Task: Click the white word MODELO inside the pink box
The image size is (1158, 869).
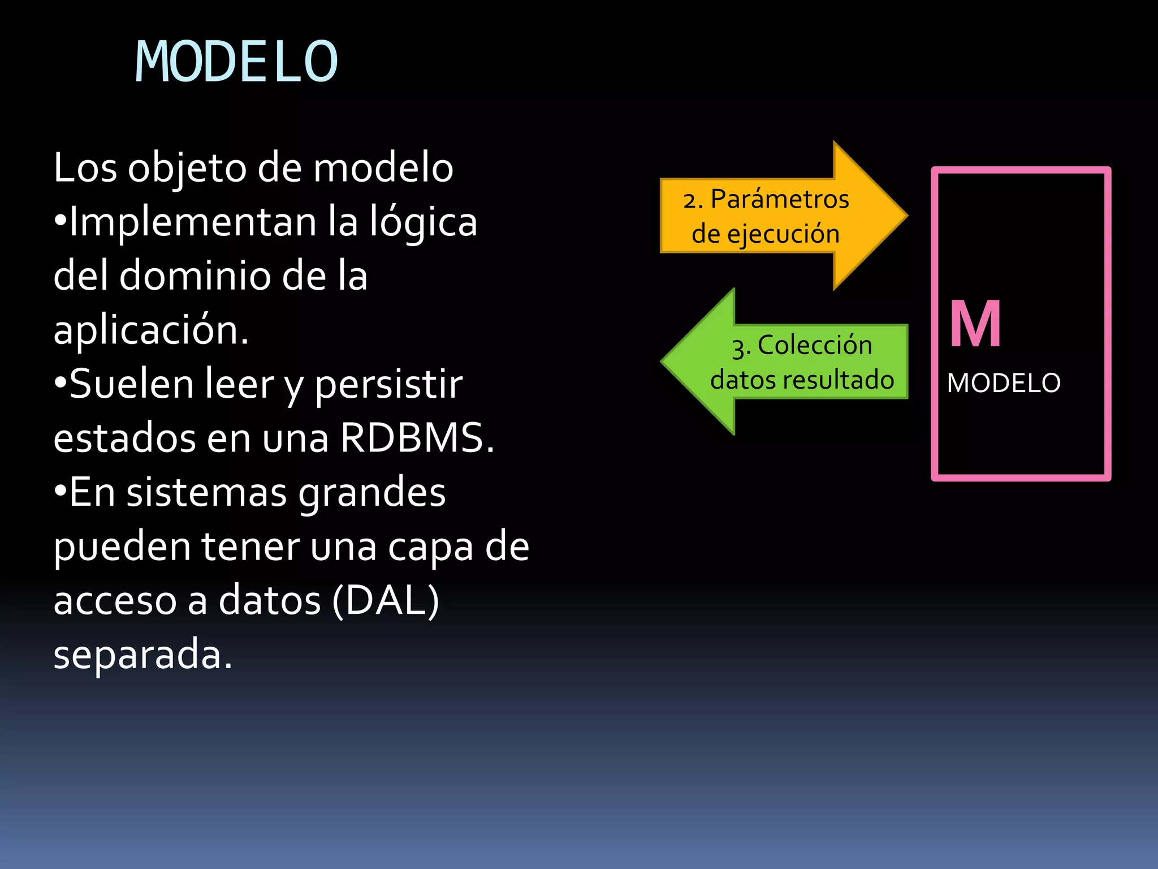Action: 1004,383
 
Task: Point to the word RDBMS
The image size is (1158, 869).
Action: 417,438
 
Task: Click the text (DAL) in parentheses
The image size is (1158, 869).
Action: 386,600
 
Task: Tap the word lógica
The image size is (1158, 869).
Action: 424,222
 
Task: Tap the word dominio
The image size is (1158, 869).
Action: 195,276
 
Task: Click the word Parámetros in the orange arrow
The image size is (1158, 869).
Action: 780,199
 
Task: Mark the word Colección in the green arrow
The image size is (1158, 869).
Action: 815,345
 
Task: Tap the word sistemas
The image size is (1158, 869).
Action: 206,492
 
